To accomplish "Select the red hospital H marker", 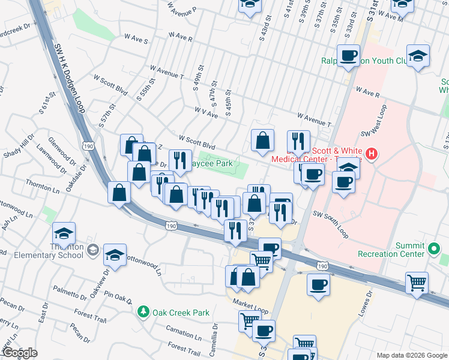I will (372, 154).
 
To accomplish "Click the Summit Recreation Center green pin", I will (434, 247).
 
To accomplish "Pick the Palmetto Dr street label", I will (70, 293).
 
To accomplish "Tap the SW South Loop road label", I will (330, 223).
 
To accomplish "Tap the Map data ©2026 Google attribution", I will (411, 355).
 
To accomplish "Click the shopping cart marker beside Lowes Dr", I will (416, 281).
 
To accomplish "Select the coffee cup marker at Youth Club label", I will (348, 56).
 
